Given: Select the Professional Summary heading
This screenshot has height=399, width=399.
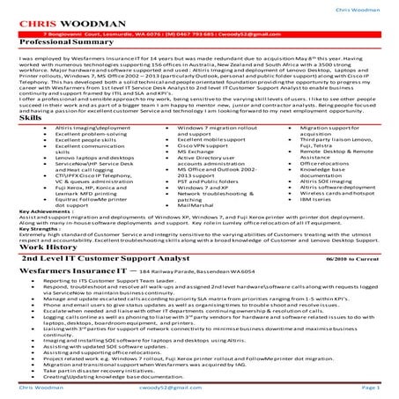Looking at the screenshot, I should tap(63, 43).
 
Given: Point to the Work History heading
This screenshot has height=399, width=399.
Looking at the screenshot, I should tap(43, 223).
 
